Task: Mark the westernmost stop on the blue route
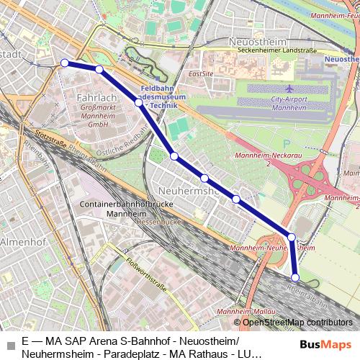[x=65, y=63]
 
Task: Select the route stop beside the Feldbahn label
[x=138, y=103]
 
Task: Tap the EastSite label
[x=201, y=73]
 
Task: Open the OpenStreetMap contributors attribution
[x=297, y=322]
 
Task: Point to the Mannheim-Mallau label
[x=238, y=311]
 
